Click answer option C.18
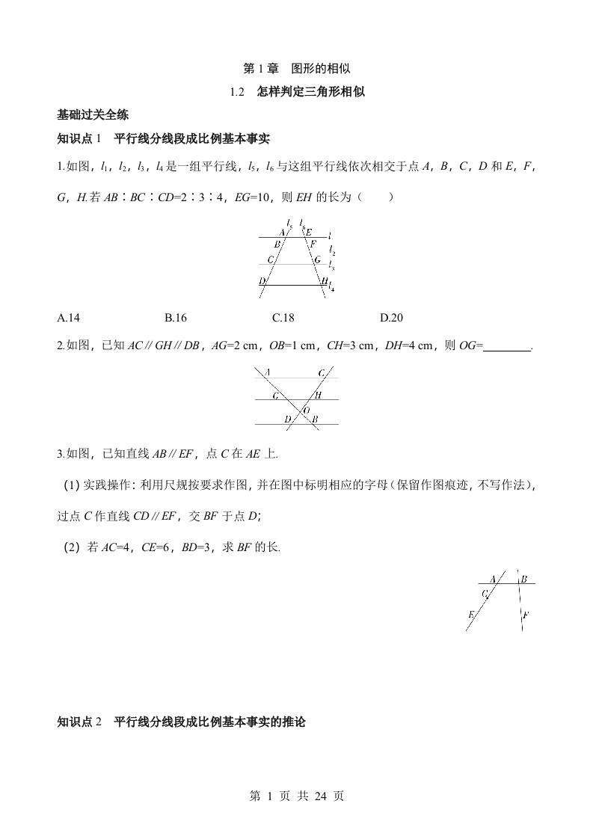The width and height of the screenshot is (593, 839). pyautogui.click(x=283, y=318)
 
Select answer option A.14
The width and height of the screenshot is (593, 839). pyautogui.click(x=68, y=318)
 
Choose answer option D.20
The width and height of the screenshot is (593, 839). pyautogui.click(x=391, y=318)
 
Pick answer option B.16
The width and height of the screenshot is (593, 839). pyautogui.click(x=176, y=318)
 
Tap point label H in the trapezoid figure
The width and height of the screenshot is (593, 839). pyautogui.click(x=324, y=280)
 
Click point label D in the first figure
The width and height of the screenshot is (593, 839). pyautogui.click(x=262, y=281)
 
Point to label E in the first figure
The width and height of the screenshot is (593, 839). pyautogui.click(x=309, y=232)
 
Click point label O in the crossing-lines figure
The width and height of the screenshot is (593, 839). pyautogui.click(x=306, y=411)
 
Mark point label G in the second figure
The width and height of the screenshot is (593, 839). pyautogui.click(x=275, y=394)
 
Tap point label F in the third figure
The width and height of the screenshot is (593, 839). pyautogui.click(x=526, y=615)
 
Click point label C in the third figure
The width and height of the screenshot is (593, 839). pyautogui.click(x=485, y=594)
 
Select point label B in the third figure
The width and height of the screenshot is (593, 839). pyautogui.click(x=524, y=579)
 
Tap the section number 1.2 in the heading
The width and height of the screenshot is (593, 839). pyautogui.click(x=239, y=92)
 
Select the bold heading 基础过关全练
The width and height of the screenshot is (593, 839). pyautogui.click(x=93, y=115)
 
